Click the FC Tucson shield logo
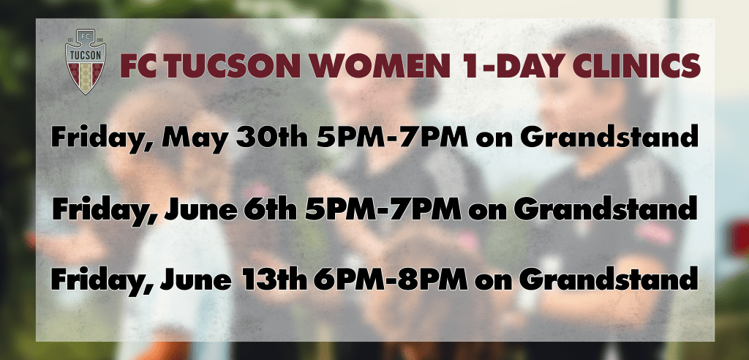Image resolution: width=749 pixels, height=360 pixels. click(86, 61)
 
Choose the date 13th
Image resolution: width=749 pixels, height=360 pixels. click(275, 281)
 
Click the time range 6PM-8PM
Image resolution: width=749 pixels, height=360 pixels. click(391, 281)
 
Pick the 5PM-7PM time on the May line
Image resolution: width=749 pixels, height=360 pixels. click(392, 137)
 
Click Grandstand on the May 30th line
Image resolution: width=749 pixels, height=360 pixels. click(609, 137)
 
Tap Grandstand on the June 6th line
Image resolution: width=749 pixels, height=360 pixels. click(605, 209)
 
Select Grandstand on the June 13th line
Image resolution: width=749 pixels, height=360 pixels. click(609, 281)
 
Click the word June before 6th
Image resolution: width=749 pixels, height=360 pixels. click(200, 209)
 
